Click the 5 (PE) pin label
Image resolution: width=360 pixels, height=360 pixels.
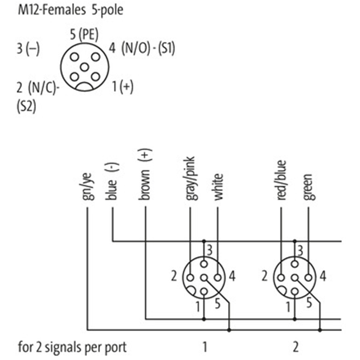pyautogui.click(x=84, y=34)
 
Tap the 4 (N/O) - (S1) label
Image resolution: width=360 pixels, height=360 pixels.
pyautogui.click(x=142, y=49)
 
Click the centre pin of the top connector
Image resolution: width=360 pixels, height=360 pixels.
pyautogui.click(x=84, y=67)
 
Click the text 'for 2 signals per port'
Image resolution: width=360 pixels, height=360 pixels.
pyautogui.click(x=72, y=347)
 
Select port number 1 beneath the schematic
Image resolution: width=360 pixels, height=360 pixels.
pyautogui.click(x=205, y=347)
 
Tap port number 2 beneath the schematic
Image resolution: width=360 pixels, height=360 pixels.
pyautogui.click(x=295, y=347)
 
